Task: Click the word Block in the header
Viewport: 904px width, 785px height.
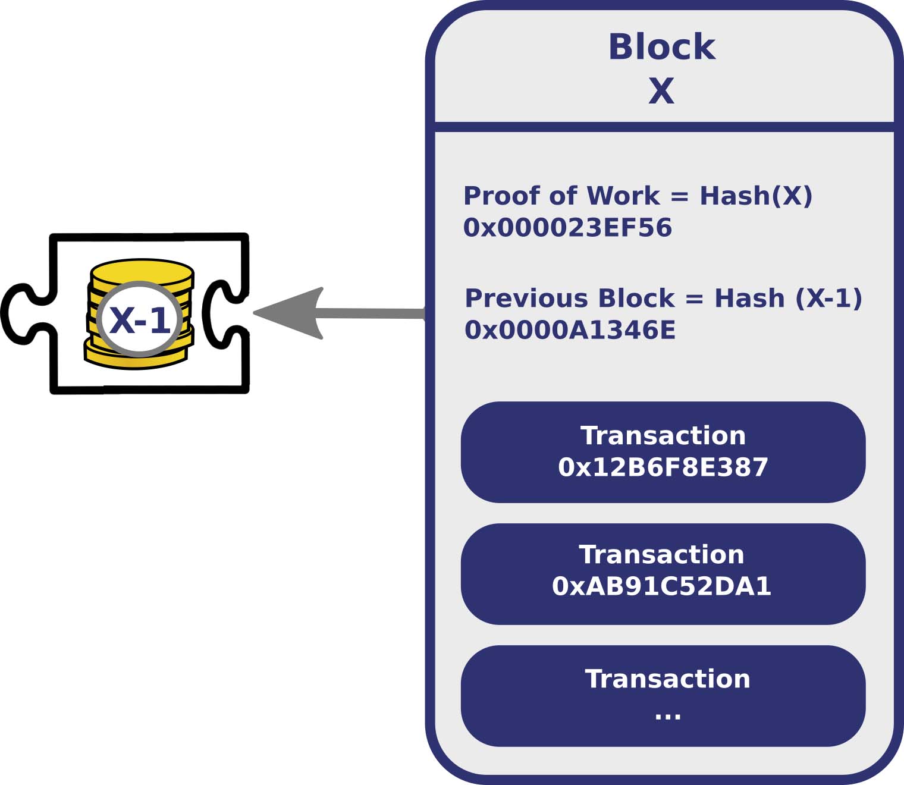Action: pos(661,47)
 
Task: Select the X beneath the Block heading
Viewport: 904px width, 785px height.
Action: pos(661,91)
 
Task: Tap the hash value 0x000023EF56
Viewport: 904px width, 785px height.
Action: pos(567,228)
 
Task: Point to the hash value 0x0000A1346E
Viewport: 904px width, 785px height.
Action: pos(570,330)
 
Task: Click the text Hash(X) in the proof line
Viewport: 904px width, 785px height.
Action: pos(755,196)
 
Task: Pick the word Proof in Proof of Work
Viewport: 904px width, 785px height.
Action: pos(501,196)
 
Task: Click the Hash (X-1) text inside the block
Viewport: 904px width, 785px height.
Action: pos(788,298)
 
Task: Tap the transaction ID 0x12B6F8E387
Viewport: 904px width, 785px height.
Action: pos(663,467)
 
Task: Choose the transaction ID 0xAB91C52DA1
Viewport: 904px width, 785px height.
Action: pos(661,586)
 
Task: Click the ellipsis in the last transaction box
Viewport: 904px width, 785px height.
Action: pos(667,714)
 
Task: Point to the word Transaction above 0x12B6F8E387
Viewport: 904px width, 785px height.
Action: pos(663,435)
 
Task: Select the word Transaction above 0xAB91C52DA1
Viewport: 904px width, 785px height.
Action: pos(661,554)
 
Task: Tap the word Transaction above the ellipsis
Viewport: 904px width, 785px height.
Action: pos(667,679)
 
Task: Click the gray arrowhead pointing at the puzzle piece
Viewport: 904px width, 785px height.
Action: pos(291,313)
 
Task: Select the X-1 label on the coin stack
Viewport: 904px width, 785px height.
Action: pos(140,320)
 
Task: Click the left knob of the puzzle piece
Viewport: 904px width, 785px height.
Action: pos(21,314)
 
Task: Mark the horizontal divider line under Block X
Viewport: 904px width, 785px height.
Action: pos(664,127)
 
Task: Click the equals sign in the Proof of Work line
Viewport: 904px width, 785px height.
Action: pos(679,196)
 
